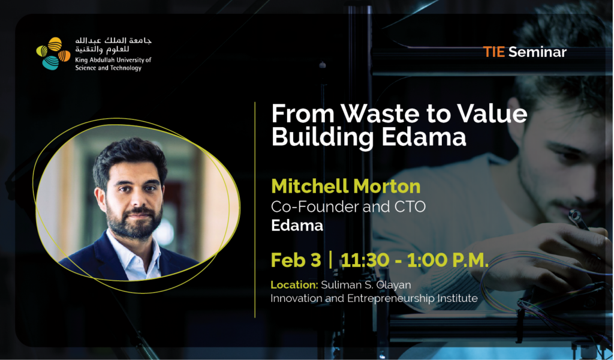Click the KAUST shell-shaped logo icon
coord(53,53)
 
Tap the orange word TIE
coord(493,52)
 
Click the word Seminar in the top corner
coord(537,52)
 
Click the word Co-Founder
coord(315,206)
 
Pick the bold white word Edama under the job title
coord(297,225)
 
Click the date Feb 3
coord(296,260)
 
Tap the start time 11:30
coord(365,260)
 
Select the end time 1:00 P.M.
coord(448,260)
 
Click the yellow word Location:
coord(294,285)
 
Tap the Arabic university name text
coord(113,45)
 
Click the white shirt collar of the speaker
coord(136,254)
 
